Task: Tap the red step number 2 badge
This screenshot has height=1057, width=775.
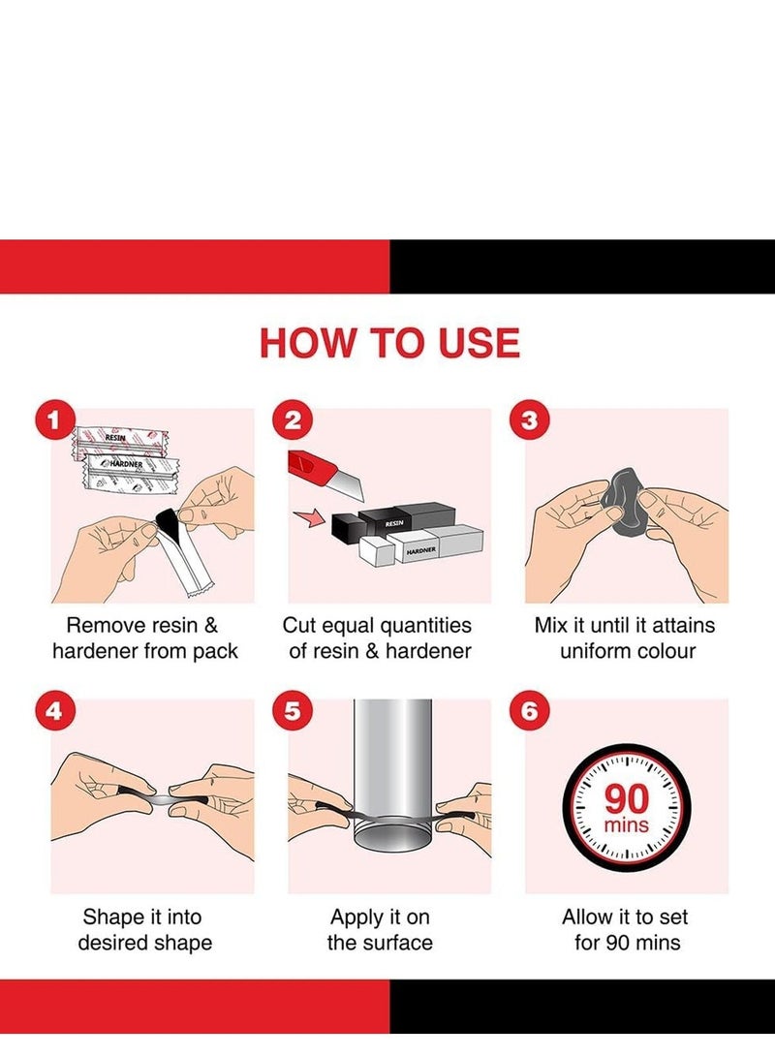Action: tap(293, 420)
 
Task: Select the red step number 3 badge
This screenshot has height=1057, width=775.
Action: tap(530, 420)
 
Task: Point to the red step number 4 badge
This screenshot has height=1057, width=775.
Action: tap(54, 711)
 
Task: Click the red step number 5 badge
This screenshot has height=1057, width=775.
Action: tap(293, 711)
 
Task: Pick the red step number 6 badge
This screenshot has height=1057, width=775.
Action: tap(530, 711)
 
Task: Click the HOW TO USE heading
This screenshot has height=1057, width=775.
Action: tap(389, 342)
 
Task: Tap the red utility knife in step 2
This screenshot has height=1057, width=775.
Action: tap(325, 476)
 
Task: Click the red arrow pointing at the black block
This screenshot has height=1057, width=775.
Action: tap(309, 518)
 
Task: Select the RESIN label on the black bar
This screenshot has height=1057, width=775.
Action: tap(394, 523)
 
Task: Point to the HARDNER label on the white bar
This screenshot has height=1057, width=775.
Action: tap(420, 550)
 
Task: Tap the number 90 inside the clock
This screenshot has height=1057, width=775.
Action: tap(627, 799)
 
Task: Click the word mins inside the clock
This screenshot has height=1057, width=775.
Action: tap(627, 825)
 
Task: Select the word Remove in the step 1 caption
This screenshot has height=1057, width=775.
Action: tap(106, 626)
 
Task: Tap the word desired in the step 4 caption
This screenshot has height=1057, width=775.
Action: tap(111, 943)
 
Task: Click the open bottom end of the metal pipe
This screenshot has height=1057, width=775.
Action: tap(393, 840)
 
